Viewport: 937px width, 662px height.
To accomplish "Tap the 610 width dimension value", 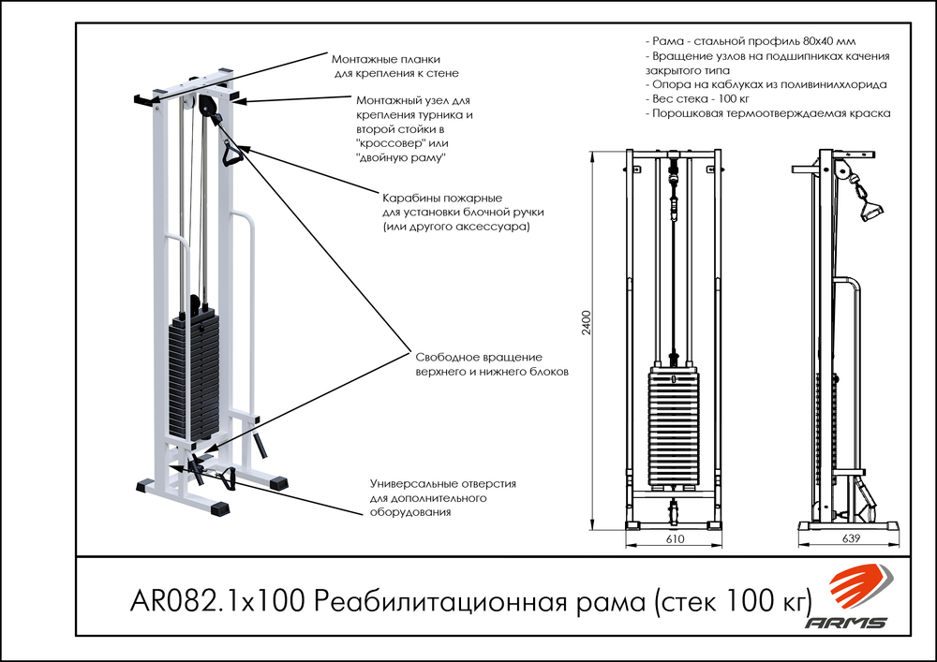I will [x=676, y=540].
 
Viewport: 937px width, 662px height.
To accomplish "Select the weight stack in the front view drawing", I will [x=674, y=426].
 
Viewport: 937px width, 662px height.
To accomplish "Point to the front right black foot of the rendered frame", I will [x=218, y=508].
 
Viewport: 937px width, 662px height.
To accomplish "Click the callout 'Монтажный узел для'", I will [x=412, y=100].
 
